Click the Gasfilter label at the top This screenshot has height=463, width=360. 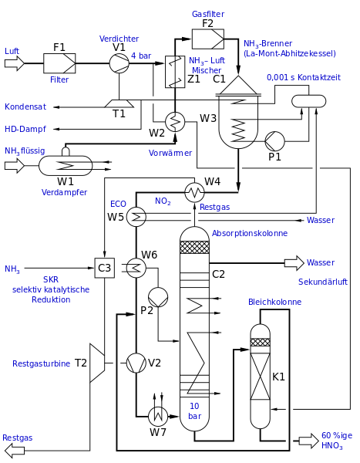click(208, 14)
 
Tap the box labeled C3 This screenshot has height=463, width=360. click(104, 268)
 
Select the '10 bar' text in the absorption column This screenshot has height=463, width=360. click(194, 411)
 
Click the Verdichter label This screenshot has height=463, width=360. click(119, 39)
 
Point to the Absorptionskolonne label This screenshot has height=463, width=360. click(250, 233)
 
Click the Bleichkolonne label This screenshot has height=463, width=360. click(274, 302)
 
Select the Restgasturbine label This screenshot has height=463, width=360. click(41, 364)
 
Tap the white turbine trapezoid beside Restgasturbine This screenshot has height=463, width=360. click(96, 363)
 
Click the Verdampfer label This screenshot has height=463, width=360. click(65, 193)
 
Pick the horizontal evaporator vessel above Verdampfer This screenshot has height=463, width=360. click(66, 165)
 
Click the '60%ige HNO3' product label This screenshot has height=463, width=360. click(337, 441)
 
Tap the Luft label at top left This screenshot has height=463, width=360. click(12, 51)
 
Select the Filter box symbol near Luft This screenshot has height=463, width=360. click(59, 63)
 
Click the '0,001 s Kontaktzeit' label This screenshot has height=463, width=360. click(303, 78)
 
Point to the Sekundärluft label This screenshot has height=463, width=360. click(323, 282)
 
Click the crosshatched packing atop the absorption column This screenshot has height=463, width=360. click(194, 247)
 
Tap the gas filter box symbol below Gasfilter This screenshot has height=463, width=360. click(207, 39)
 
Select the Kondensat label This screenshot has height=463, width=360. click(25, 106)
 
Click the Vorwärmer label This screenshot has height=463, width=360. click(170, 153)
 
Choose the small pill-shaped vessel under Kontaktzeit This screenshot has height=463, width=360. click(308, 101)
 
